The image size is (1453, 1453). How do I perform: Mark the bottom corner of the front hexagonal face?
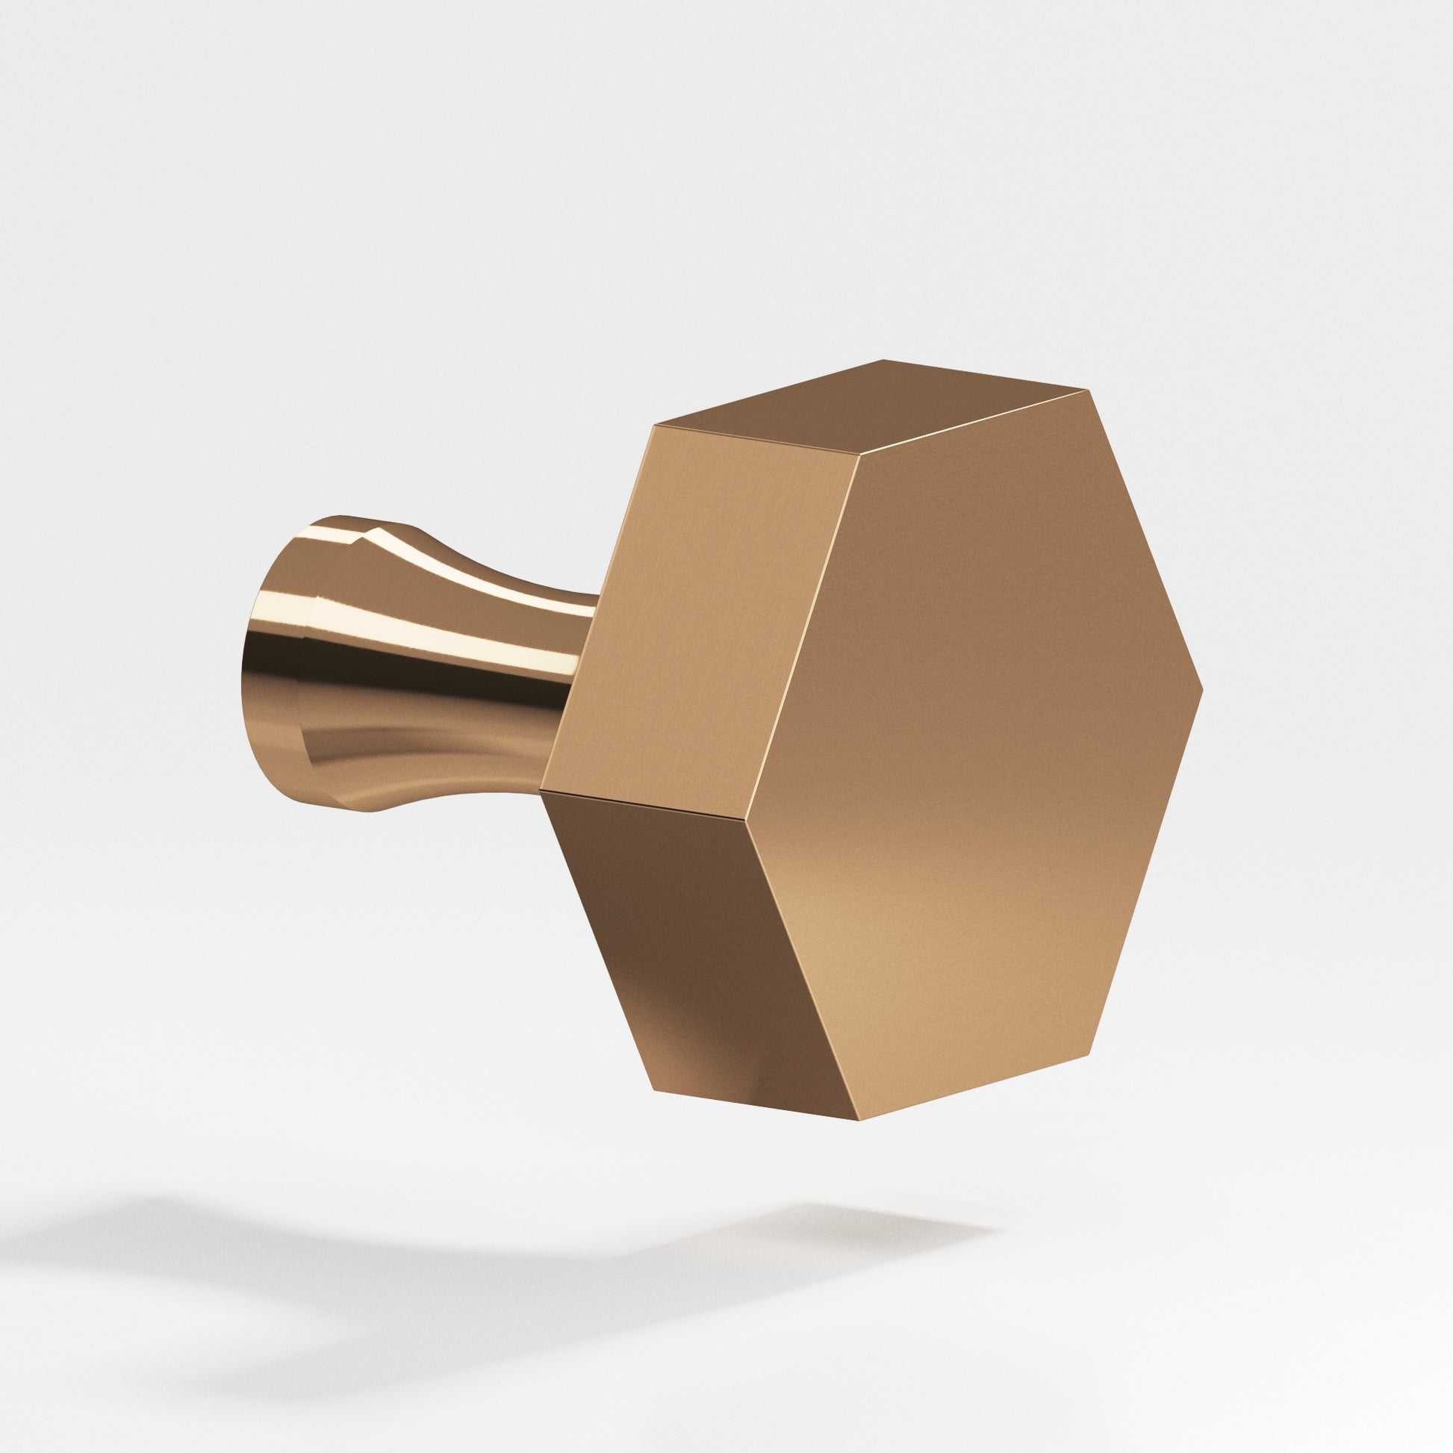pyautogui.click(x=857, y=1140)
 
